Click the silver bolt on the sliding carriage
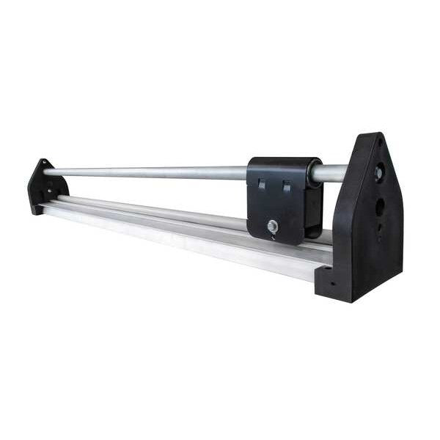point(273,227)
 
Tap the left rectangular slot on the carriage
point(262,186)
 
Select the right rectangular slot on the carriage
point(286,187)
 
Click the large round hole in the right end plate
point(379,207)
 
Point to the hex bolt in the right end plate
point(378,174)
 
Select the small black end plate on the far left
point(45,188)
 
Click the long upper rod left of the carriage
point(147,172)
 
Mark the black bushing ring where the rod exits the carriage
point(313,173)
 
